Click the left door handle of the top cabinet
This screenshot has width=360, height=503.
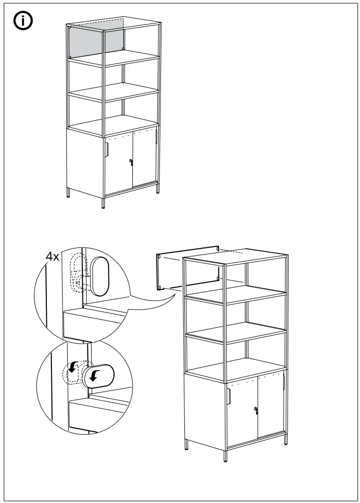click(x=107, y=150)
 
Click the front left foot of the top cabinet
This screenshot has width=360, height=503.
click(x=104, y=203)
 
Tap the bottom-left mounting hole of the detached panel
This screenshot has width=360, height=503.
click(x=160, y=288)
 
